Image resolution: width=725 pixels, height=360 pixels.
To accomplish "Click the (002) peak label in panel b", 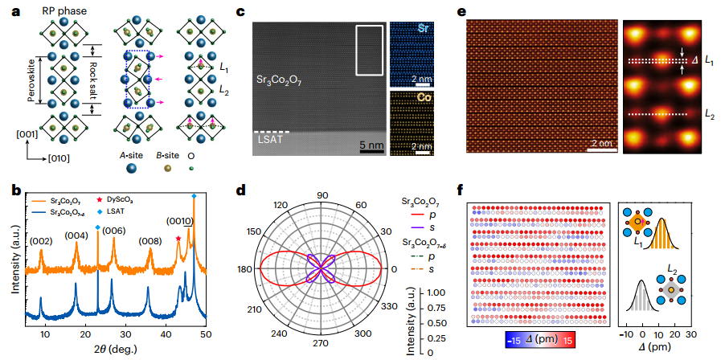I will [x=42, y=239].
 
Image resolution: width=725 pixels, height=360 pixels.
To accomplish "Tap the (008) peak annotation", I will [x=150, y=239].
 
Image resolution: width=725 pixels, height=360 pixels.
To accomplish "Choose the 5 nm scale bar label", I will [x=370, y=146].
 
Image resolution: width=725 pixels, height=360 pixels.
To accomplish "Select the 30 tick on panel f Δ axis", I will [x=690, y=333].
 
